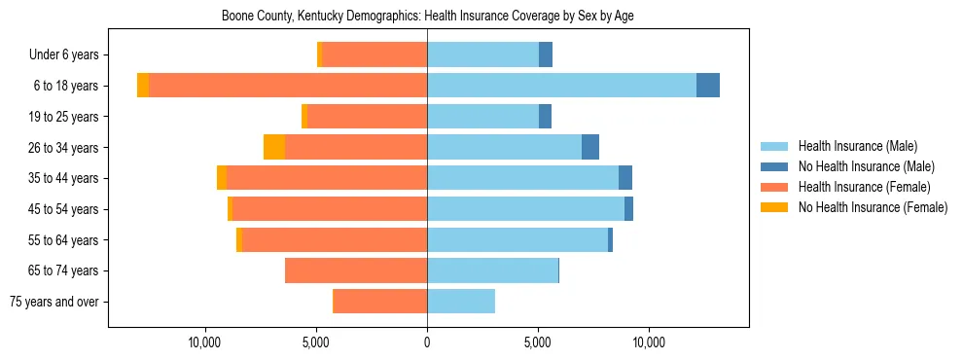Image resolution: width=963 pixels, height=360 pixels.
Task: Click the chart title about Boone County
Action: [x=427, y=17]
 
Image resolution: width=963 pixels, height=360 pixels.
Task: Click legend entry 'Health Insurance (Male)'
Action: [x=857, y=146]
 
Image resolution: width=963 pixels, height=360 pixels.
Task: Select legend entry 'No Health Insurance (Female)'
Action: [x=873, y=207]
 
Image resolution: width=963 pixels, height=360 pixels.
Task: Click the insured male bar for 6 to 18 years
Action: [x=561, y=86]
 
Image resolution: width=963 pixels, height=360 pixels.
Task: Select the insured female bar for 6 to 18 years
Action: [x=288, y=86]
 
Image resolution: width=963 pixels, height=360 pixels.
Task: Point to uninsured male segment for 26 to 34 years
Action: [x=590, y=147]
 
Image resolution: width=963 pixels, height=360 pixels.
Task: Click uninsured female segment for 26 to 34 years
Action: [x=274, y=147]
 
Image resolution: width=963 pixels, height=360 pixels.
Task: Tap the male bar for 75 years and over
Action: [x=461, y=302]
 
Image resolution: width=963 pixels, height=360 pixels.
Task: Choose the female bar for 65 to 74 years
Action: [x=356, y=270]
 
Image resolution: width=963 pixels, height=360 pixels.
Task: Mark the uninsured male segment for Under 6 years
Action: [x=546, y=54]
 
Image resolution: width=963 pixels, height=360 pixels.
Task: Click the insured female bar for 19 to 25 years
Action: [x=367, y=117]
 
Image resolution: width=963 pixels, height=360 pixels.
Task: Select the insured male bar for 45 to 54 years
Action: [x=525, y=209]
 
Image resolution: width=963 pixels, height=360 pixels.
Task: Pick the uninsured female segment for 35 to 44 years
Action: [x=222, y=178]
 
